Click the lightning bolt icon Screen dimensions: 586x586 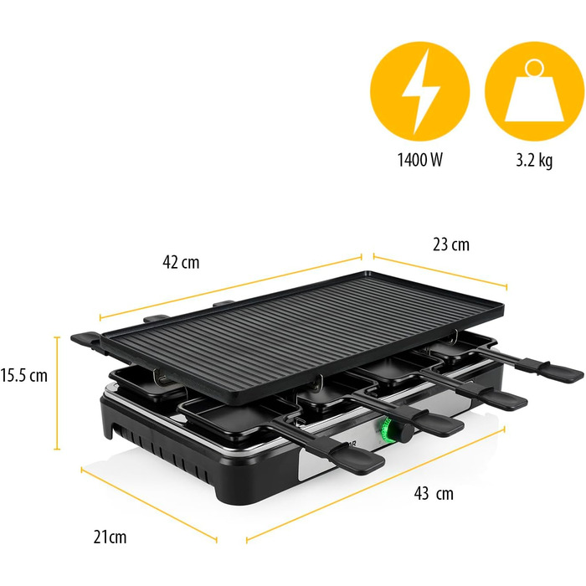pos(420,91)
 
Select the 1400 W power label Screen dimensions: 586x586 pos(419,160)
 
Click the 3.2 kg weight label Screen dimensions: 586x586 pos(534,160)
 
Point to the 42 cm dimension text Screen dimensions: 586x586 pos(181,262)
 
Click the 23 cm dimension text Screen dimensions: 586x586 pos(451,244)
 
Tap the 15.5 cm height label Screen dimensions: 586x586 pos(24,375)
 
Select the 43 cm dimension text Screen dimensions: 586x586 pos(434,494)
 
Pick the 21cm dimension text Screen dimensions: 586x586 pos(110,537)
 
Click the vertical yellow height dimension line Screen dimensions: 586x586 pos(57,393)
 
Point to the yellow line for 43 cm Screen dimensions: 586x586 pos(376,485)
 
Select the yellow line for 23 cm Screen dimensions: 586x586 pos(440,271)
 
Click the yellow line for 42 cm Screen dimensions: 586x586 pos(230,288)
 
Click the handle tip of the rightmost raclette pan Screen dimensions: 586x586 pos(561,373)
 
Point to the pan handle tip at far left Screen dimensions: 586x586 pos(84,339)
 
